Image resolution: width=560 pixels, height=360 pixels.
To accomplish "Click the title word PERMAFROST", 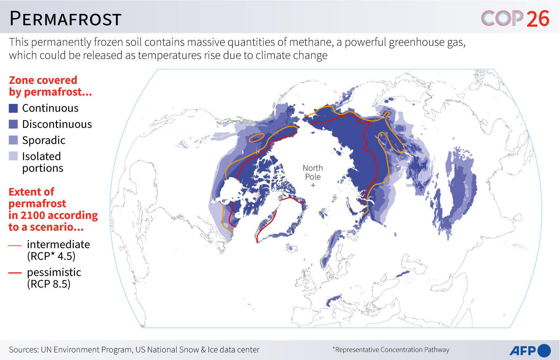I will coord(65,19).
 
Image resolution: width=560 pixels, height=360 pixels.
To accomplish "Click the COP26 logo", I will coord(515,18).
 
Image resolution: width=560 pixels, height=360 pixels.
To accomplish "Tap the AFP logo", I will coord(530,350).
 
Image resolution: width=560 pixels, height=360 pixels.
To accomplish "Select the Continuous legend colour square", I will coord(13,108).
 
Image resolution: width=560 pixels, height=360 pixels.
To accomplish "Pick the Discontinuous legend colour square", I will coord(13,124).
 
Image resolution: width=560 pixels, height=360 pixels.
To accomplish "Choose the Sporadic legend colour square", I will coord(13,140).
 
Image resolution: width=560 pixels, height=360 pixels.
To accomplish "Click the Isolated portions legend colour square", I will coord(13,157).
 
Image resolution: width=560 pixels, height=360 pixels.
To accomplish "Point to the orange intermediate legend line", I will coord(15,245).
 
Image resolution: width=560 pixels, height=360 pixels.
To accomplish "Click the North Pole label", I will coord(313,172).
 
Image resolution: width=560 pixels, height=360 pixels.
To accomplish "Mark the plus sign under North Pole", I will coord(313,185).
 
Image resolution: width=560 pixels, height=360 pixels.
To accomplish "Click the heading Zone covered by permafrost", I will coord(50,86).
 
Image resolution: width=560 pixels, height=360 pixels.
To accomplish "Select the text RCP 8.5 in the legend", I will coord(49,284).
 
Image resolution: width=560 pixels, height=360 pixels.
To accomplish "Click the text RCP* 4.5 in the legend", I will coord(51,256).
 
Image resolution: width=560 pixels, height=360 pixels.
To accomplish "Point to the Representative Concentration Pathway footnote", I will coord(391,350).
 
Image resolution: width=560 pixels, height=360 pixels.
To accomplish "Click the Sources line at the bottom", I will coord(134,350).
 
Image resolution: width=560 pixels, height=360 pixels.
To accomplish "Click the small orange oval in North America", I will coord(256,138).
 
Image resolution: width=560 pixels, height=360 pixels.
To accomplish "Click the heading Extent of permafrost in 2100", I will coord(53,209).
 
